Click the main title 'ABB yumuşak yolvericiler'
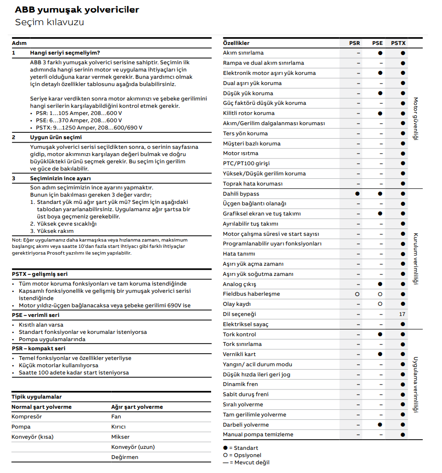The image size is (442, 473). pyautogui.click(x=77, y=10)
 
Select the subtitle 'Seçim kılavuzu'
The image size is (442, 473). pyautogui.click(x=49, y=22)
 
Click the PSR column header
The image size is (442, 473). pyautogui.click(x=355, y=43)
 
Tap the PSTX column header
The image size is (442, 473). pyautogui.click(x=398, y=43)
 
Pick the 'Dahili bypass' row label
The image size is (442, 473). pyautogui.click(x=241, y=194)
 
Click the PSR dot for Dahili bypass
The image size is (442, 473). pyautogui.click(x=357, y=194)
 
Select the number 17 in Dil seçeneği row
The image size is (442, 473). pyautogui.click(x=402, y=314)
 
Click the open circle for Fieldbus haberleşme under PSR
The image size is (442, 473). pyautogui.click(x=357, y=294)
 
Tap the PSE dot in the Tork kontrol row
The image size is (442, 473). pyautogui.click(x=380, y=334)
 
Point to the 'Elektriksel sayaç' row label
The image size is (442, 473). pyautogui.click(x=245, y=324)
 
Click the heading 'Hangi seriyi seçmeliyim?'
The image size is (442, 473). pyautogui.click(x=65, y=53)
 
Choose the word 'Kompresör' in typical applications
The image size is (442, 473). pyautogui.click(x=27, y=416)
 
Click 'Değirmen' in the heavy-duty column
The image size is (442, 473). pyautogui.click(x=125, y=457)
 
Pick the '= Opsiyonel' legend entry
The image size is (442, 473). pyautogui.click(x=244, y=455)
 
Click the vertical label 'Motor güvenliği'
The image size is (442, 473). pyautogui.click(x=415, y=118)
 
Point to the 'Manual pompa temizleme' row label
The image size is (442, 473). pyautogui.click(x=258, y=434)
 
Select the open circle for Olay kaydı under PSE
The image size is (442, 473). pyautogui.click(x=380, y=304)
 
